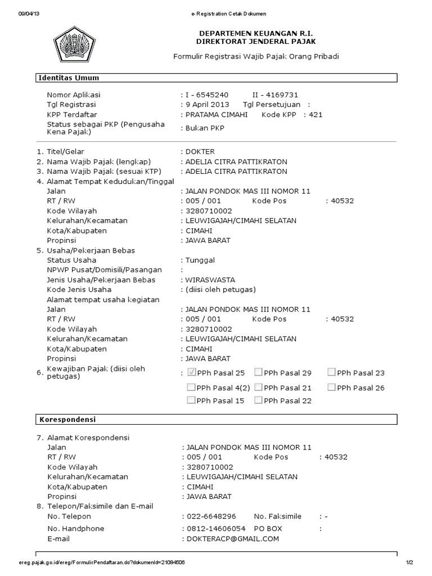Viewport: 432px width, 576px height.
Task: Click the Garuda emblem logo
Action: tap(79, 46)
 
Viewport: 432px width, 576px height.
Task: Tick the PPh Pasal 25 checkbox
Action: tap(192, 372)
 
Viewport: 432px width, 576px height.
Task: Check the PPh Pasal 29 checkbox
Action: tap(258, 372)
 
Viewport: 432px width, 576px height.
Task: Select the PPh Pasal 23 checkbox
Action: tap(332, 372)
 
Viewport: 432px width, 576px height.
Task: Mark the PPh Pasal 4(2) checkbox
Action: tap(192, 387)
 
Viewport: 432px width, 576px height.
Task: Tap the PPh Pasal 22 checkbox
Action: tap(258, 400)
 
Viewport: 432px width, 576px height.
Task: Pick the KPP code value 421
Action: tap(318, 115)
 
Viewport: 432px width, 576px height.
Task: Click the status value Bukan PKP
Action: tap(205, 128)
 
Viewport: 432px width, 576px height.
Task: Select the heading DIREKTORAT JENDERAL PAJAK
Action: tap(255, 42)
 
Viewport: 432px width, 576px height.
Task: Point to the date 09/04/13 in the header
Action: tap(26, 13)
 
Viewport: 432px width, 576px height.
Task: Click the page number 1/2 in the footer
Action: tap(409, 562)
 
